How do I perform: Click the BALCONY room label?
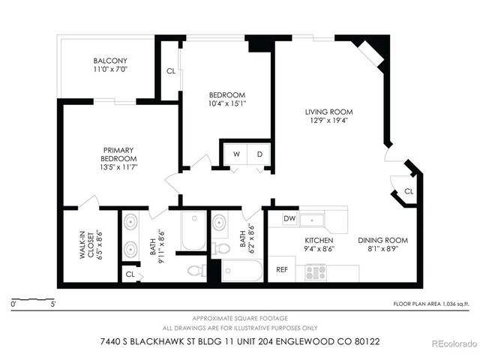tap(110, 61)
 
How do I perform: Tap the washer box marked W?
tap(236, 154)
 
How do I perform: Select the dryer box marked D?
tap(259, 154)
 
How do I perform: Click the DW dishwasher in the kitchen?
tap(289, 220)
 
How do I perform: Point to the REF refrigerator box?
tap(283, 269)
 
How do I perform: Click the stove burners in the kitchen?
tap(315, 273)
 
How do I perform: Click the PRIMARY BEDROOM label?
tap(119, 154)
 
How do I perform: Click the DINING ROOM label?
tap(382, 240)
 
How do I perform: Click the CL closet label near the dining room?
tap(408, 191)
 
